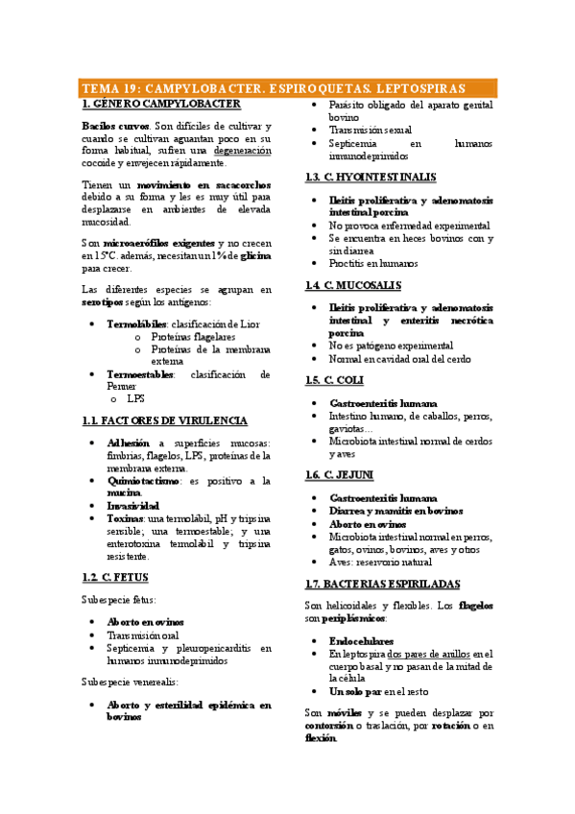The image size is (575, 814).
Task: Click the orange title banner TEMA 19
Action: pyautogui.click(x=287, y=87)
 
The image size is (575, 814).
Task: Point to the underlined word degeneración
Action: pyautogui.click(x=242, y=151)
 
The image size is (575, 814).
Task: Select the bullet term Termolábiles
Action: pyautogui.click(x=137, y=324)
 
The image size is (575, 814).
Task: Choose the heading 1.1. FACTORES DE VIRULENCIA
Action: pyautogui.click(x=165, y=420)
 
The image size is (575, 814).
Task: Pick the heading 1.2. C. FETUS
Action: pyautogui.click(x=115, y=577)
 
